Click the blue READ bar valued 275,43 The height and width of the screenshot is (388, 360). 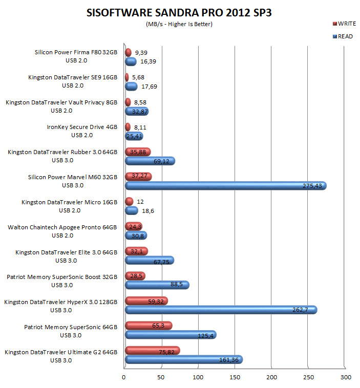225,186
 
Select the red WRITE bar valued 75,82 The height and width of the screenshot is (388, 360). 152,351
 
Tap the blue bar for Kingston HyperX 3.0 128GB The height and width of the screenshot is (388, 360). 221,310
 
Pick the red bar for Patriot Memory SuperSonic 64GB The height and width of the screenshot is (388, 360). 149,326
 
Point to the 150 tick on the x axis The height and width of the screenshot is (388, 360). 236,377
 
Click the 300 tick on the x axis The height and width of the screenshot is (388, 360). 347,377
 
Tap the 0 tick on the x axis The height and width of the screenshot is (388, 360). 124,377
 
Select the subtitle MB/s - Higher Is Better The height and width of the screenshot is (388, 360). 179,24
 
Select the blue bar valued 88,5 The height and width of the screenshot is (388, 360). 157,285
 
